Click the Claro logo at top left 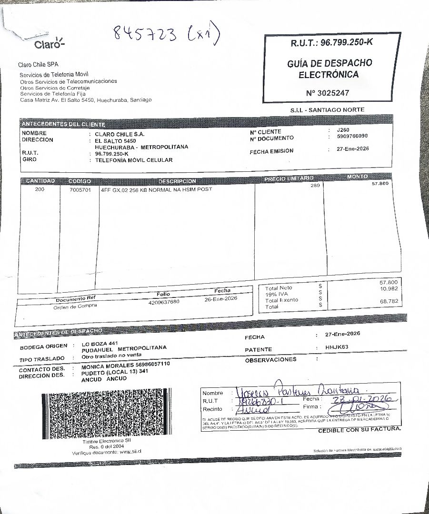point(49,44)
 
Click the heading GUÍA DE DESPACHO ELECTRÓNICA point(329,69)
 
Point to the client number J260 point(343,130)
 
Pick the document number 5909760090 point(352,137)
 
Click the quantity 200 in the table point(40,189)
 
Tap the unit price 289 point(315,186)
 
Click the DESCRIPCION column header point(177,181)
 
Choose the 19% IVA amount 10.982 point(389,289)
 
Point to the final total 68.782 point(389,302)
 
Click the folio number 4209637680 point(164,302)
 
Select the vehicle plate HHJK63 point(337,347)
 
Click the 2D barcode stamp point(105,415)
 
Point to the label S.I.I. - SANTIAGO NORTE point(327,110)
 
